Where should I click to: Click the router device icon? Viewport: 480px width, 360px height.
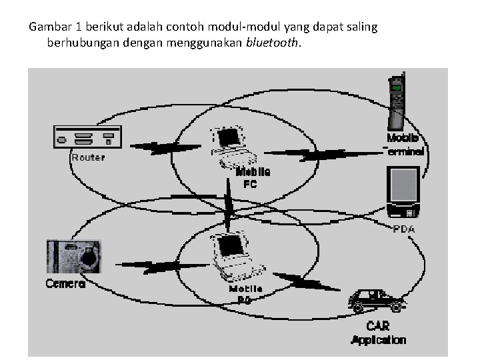[x=87, y=137]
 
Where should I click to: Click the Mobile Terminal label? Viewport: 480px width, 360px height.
[x=404, y=145]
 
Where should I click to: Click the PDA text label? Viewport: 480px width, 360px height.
[x=404, y=229]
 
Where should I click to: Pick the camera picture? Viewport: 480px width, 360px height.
[x=73, y=255]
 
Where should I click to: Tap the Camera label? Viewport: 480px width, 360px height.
[x=65, y=283]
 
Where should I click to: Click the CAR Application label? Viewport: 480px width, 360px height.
[x=378, y=333]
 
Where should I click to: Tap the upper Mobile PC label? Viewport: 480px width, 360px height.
[x=253, y=177]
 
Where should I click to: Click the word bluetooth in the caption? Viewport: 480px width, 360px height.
[x=273, y=43]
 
